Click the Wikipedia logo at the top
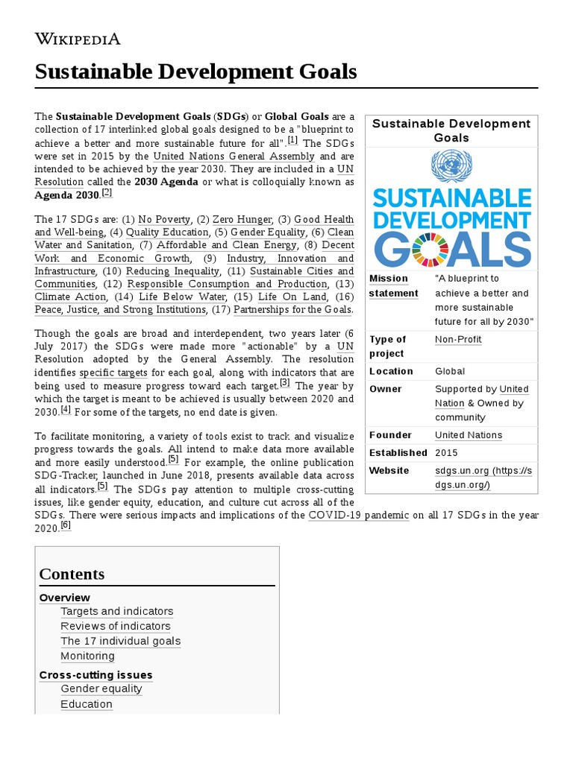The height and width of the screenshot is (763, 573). [x=78, y=39]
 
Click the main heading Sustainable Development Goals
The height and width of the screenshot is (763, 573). [x=195, y=72]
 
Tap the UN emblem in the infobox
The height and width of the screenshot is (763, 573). [x=451, y=165]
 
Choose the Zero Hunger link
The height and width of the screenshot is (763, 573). [x=242, y=219]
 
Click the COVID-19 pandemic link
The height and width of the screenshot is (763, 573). [x=358, y=515]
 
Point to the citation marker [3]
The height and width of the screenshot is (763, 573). [x=284, y=382]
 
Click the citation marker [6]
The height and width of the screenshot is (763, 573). [x=65, y=525]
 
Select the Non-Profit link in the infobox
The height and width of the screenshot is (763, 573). [x=458, y=339]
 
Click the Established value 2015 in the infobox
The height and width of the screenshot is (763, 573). [x=446, y=452]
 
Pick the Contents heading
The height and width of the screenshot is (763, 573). [x=72, y=574]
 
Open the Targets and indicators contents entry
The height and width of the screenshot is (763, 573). [x=116, y=611]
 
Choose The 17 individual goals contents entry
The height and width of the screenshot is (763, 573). [x=120, y=641]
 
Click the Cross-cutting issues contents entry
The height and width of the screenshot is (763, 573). [x=95, y=674]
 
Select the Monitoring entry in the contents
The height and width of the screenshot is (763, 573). [x=87, y=656]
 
